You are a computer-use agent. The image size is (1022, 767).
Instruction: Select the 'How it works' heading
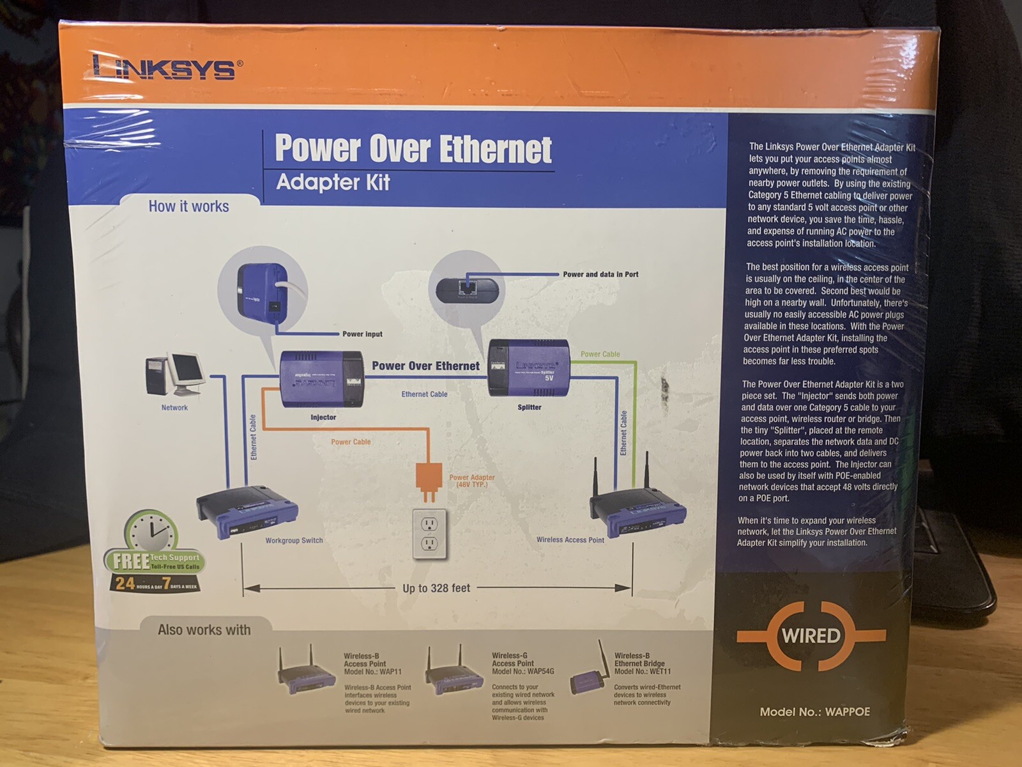(188, 206)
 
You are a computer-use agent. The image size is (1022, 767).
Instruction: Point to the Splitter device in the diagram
(528, 368)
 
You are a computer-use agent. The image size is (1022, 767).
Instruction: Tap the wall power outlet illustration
(429, 534)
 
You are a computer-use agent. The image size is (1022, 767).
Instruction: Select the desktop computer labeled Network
(174, 375)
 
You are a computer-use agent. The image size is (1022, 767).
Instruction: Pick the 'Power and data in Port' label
(600, 274)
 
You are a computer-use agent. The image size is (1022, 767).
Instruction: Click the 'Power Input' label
(362, 334)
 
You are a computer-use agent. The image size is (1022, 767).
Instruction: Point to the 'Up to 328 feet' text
(436, 588)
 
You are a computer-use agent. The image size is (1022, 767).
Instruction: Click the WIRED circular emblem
(811, 636)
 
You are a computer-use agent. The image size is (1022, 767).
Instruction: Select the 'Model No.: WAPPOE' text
(814, 712)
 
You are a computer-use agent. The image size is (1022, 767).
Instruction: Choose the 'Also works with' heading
(204, 630)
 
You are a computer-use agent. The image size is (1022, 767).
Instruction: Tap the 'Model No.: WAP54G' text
(522, 672)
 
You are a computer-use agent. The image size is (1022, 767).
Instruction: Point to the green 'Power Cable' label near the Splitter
(600, 354)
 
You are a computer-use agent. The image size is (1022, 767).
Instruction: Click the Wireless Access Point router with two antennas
(637, 508)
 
